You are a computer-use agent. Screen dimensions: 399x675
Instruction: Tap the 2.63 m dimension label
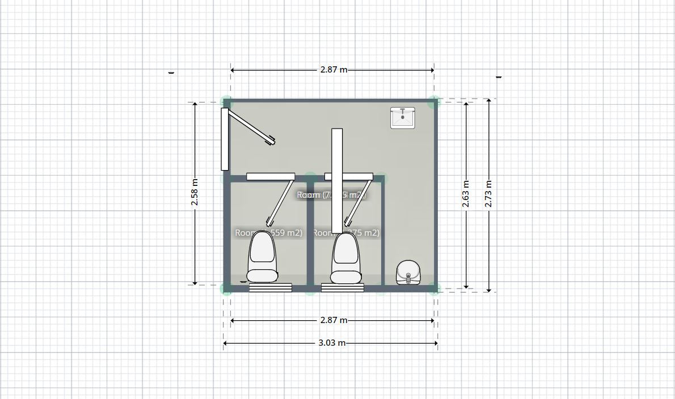pos(466,194)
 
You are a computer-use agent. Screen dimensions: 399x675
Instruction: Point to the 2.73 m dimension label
pos(489,194)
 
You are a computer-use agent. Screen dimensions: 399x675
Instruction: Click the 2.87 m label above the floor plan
pos(333,70)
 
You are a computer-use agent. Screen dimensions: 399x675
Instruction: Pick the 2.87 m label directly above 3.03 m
pos(333,320)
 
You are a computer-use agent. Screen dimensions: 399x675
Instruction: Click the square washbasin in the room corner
pos(402,117)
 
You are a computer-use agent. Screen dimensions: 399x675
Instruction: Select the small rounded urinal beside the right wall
pos(408,273)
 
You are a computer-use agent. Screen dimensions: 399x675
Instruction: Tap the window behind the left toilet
pos(271,288)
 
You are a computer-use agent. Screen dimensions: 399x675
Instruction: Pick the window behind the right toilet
pos(343,288)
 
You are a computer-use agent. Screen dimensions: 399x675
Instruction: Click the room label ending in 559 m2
pos(269,233)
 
